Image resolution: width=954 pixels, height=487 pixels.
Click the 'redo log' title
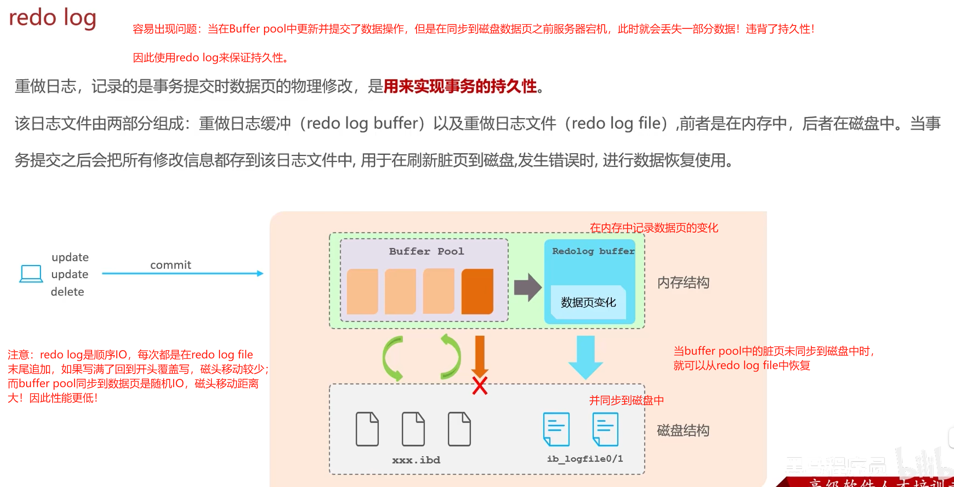(x=52, y=18)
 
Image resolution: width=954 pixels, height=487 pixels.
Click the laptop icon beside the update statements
(x=31, y=274)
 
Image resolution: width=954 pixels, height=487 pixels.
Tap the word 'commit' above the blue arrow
(x=171, y=265)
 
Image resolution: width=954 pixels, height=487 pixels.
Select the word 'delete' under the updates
(x=67, y=292)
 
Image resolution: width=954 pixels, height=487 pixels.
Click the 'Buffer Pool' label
(x=426, y=251)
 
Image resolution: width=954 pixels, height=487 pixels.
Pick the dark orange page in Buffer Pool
(x=477, y=291)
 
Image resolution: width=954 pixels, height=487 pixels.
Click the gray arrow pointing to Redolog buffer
(x=528, y=287)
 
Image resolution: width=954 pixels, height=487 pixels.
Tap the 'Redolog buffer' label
(x=593, y=251)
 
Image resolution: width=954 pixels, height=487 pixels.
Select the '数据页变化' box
(x=588, y=302)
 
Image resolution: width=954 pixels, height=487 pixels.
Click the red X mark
(x=480, y=386)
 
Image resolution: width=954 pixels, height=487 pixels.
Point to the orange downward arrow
(x=480, y=354)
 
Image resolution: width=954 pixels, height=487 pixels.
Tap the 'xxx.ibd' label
(x=416, y=460)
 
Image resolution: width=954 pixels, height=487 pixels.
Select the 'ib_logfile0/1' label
(x=585, y=459)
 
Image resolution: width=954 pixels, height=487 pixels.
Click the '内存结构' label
(x=683, y=283)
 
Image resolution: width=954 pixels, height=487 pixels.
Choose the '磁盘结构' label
(x=683, y=430)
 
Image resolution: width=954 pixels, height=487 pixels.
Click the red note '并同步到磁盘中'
(x=626, y=400)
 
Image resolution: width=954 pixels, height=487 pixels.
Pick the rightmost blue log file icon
(x=605, y=429)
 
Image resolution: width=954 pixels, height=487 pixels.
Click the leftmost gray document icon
(x=367, y=429)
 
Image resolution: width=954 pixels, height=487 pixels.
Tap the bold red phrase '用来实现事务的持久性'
(x=460, y=86)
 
